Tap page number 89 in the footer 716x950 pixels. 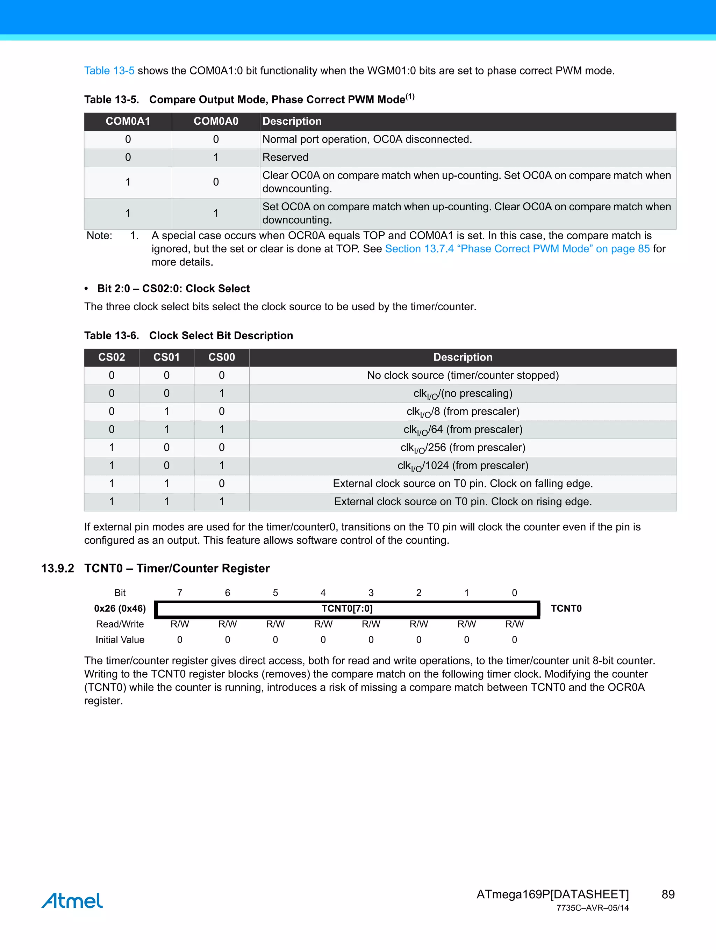668,894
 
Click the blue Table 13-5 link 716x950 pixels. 109,71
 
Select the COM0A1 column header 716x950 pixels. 128,122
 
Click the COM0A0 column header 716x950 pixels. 216,122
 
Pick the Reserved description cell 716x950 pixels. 285,158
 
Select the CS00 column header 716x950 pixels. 221,357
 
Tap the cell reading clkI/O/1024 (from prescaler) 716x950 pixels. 463,466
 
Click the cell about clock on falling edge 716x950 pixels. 463,484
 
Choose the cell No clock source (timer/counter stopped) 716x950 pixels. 463,375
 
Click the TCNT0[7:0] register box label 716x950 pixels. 347,609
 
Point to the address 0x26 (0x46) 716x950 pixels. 120,609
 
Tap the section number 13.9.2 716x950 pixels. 58,568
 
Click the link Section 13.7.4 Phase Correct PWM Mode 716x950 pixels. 517,249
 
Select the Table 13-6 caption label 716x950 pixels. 111,336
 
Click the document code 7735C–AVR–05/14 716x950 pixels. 592,908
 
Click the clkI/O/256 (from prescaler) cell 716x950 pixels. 463,448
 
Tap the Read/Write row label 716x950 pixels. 120,624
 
